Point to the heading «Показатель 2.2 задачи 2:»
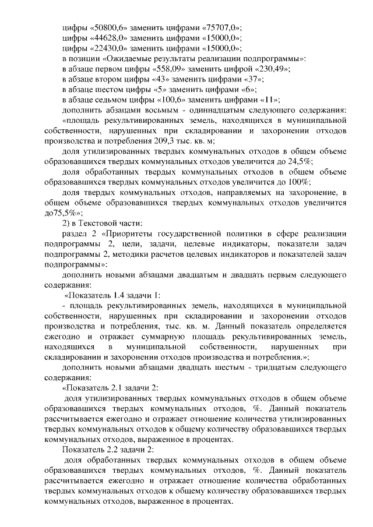(110, 450)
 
